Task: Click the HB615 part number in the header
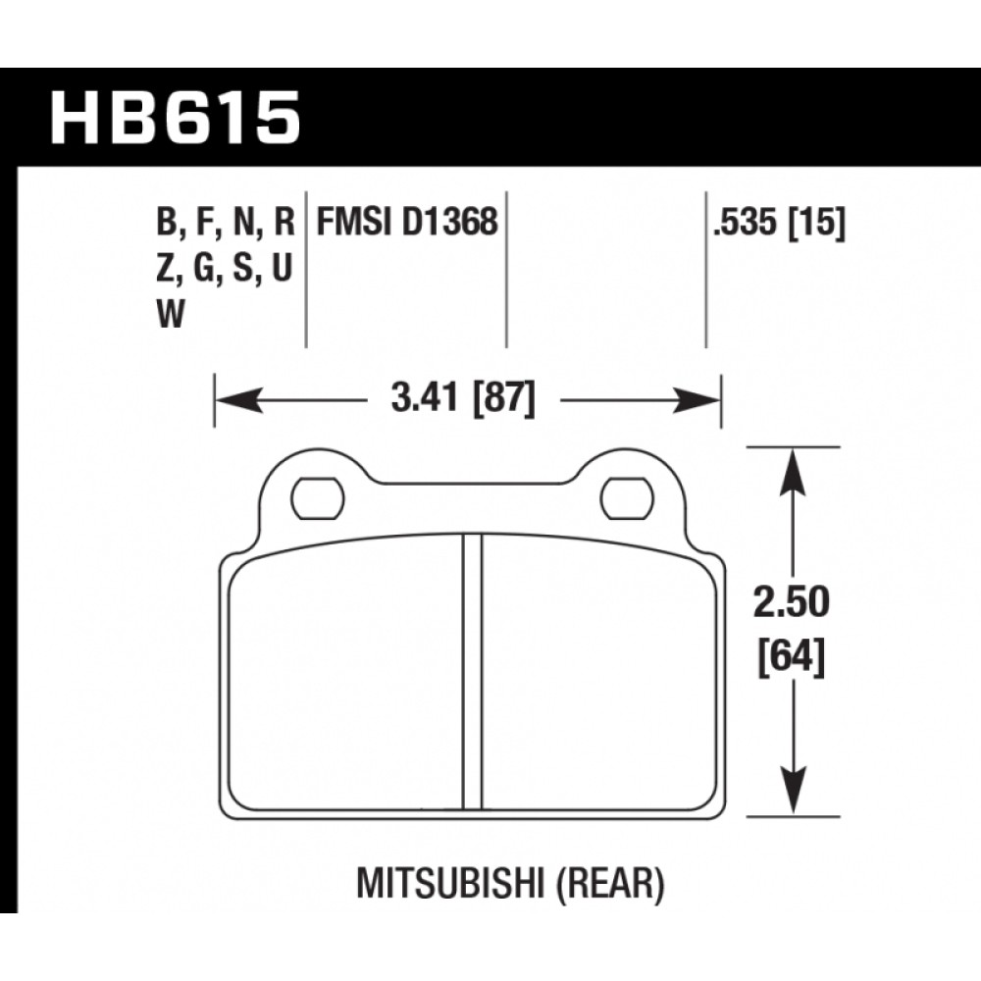[x=176, y=119]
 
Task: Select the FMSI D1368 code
[x=407, y=222]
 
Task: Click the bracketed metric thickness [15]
[x=816, y=223]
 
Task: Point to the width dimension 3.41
[x=424, y=398]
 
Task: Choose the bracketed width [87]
[x=504, y=398]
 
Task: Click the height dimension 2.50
[x=792, y=603]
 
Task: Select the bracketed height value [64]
[x=792, y=657]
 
